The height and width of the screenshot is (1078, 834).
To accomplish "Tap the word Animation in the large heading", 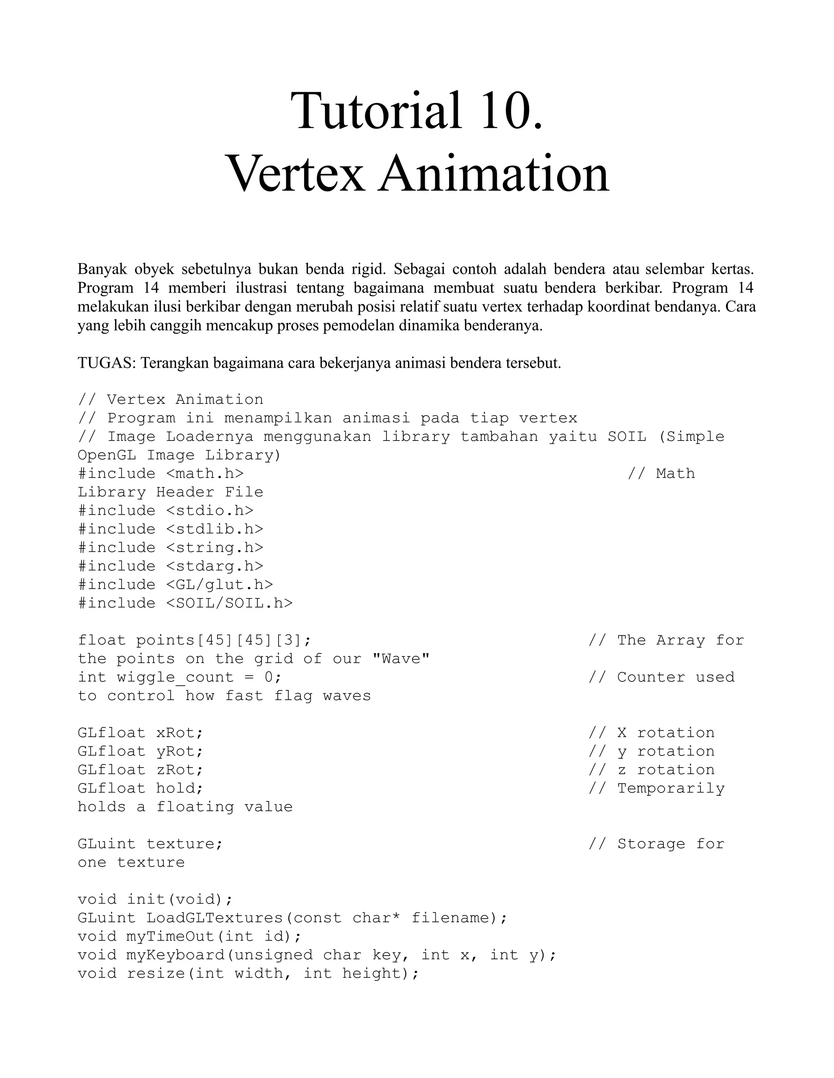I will coord(494,174).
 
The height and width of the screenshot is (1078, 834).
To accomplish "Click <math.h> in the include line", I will coord(204,474).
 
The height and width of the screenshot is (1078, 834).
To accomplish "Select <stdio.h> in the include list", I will coord(209,511).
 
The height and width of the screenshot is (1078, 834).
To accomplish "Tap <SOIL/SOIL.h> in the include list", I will coord(229,603).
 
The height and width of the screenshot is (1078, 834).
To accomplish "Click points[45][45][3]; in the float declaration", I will coord(224,640).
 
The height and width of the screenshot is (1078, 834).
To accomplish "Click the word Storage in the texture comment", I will coord(651,844).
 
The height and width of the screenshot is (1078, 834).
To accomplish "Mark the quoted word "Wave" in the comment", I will coord(401,659).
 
